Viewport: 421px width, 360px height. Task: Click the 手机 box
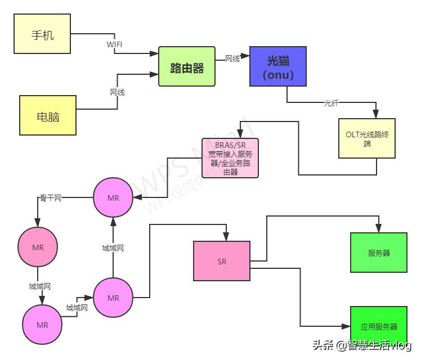click(x=42, y=34)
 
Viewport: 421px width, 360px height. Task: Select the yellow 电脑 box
click(x=48, y=115)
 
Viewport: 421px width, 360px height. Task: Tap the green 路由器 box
click(x=187, y=67)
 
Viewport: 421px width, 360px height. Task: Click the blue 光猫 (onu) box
click(x=279, y=66)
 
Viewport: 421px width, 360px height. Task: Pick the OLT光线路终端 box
click(x=367, y=138)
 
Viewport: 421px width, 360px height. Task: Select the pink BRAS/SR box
click(x=230, y=157)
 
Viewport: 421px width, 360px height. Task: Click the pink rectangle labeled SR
click(x=222, y=261)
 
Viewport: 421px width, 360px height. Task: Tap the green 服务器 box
click(x=379, y=253)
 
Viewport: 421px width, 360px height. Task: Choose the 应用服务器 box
click(x=379, y=326)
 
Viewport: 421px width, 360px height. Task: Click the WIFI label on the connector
click(x=114, y=43)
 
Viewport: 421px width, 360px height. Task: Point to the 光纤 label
click(x=332, y=103)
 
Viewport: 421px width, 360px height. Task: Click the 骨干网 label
click(x=50, y=198)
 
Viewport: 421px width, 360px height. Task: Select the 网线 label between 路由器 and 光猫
click(x=232, y=58)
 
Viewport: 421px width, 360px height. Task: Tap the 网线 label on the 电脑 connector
click(x=117, y=92)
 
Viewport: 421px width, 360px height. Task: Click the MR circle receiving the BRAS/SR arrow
click(x=113, y=197)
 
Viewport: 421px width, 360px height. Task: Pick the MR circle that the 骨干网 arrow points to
click(x=38, y=247)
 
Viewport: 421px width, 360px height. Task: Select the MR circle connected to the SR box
click(x=113, y=298)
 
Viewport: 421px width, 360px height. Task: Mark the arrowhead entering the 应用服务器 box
click(x=346, y=326)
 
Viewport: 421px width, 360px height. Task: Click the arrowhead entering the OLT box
click(x=377, y=114)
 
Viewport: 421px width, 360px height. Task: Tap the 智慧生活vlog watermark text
click(x=379, y=345)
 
